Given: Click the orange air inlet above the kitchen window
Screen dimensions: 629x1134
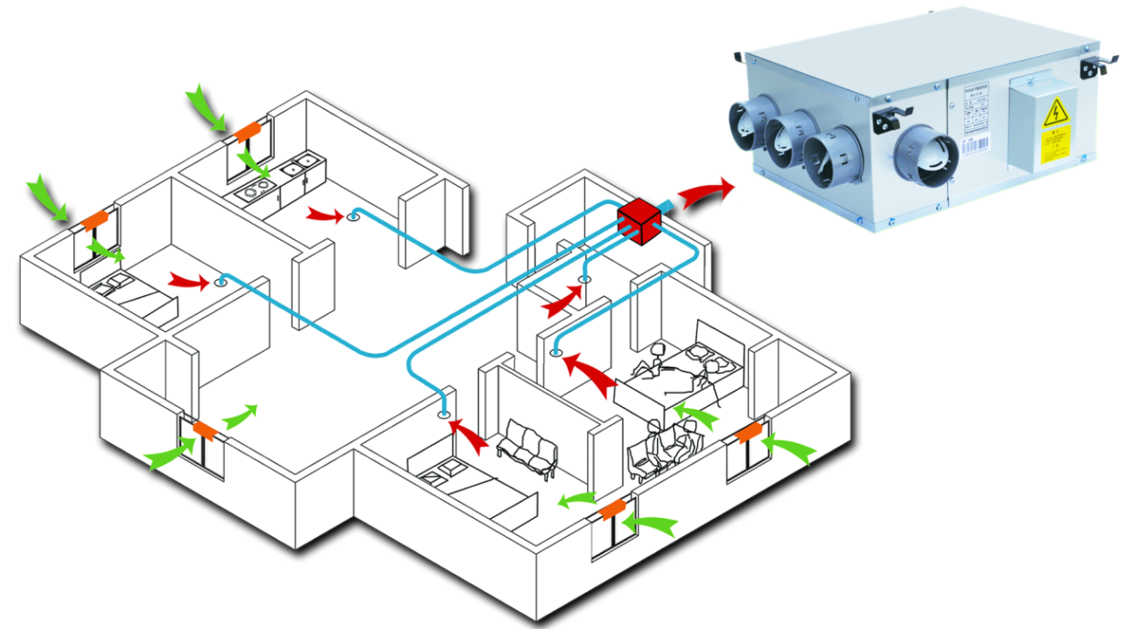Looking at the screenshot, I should tap(248, 132).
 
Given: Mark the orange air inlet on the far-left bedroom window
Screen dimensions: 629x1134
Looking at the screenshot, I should tap(95, 219).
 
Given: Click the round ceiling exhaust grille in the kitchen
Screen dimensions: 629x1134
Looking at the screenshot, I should tap(354, 215).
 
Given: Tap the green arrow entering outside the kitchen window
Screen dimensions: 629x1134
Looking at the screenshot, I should tap(207, 107).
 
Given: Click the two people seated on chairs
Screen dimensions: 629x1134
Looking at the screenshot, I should tap(667, 445).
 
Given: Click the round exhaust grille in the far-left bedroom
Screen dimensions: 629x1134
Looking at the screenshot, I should tap(220, 283).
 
